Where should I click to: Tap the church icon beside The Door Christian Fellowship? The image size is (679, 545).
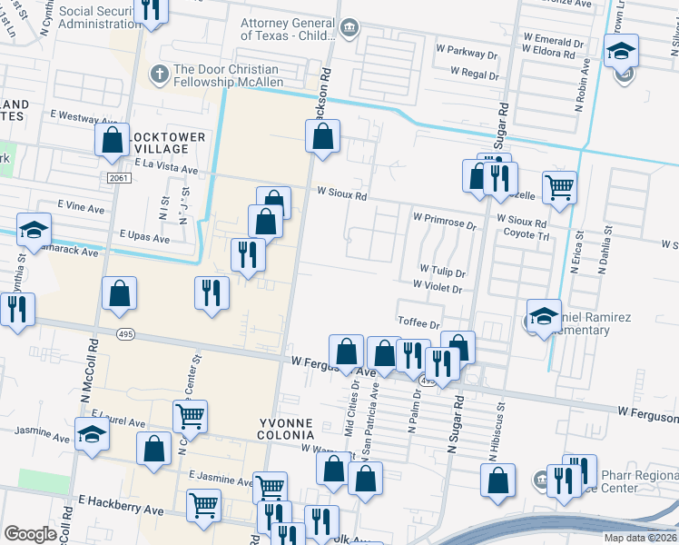(159, 71)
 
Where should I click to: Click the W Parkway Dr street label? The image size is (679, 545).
(467, 54)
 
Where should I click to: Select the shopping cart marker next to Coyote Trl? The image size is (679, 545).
(559, 188)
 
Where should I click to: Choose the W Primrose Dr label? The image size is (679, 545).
(444, 219)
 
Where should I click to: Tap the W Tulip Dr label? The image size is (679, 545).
(442, 272)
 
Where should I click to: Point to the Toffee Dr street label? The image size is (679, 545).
(418, 323)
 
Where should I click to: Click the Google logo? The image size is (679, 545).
(30, 534)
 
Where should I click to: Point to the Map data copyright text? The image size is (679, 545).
(640, 538)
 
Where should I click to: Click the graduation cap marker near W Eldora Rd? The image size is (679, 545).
(621, 51)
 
